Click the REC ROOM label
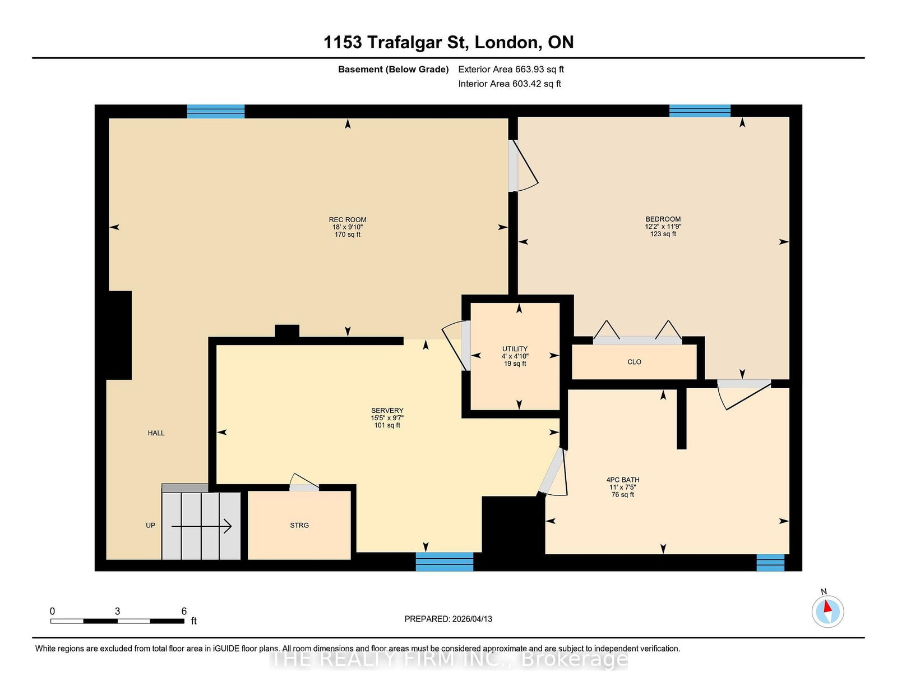tap(348, 220)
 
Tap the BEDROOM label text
tap(663, 219)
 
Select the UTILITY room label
tap(515, 348)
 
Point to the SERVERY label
tap(387, 410)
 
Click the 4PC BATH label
tap(622, 480)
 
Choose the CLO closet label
tap(634, 362)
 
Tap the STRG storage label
tap(299, 526)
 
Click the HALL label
tap(156, 433)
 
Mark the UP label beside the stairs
tap(150, 526)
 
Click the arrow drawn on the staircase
tap(201, 526)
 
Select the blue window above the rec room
tap(216, 112)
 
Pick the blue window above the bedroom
tap(700, 111)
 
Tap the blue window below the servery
tap(444, 562)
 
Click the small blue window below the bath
tap(770, 563)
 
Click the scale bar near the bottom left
tap(117, 621)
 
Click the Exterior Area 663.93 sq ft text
tap(511, 70)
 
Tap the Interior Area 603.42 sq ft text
tap(510, 84)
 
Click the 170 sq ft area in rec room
tap(348, 235)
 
